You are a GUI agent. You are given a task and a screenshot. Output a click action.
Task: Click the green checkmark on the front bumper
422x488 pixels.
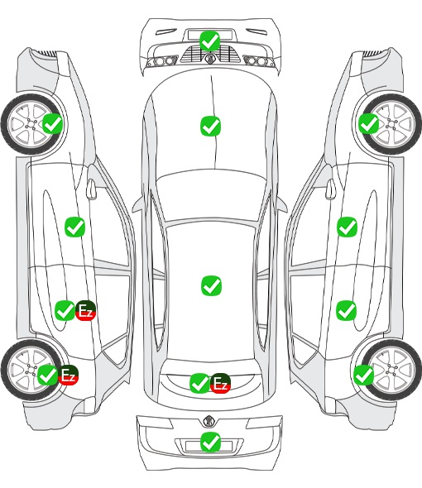click(x=210, y=41)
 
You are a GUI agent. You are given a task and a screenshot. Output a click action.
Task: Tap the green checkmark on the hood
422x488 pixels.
click(x=210, y=126)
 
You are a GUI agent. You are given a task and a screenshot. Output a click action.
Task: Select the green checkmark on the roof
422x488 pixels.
click(x=211, y=285)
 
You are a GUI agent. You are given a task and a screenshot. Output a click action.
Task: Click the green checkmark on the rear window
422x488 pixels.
click(x=199, y=383)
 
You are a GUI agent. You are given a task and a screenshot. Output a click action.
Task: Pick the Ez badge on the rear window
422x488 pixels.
click(x=220, y=383)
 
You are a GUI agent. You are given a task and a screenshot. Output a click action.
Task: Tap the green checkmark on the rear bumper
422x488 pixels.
click(x=210, y=442)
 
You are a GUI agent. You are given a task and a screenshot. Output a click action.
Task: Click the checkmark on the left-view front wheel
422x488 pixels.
click(x=52, y=123)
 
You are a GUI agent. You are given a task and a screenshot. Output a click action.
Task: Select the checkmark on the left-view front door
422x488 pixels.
click(x=74, y=227)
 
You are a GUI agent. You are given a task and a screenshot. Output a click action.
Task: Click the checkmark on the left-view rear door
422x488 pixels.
click(x=65, y=310)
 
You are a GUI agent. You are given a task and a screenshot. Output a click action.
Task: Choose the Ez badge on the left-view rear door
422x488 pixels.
click(x=85, y=310)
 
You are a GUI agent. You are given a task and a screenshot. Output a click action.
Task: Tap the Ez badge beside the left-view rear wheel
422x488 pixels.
click(x=68, y=375)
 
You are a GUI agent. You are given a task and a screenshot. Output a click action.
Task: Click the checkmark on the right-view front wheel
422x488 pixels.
click(x=369, y=123)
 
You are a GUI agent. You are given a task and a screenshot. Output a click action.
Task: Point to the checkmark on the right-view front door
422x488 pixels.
click(x=347, y=227)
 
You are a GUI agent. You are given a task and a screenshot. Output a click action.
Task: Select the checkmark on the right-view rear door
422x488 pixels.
click(x=346, y=310)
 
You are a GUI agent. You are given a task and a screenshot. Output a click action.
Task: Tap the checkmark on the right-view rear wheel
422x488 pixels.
click(x=363, y=375)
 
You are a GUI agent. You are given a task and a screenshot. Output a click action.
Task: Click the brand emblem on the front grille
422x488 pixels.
click(x=209, y=58)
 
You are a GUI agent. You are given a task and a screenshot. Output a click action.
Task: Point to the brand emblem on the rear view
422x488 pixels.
click(x=209, y=421)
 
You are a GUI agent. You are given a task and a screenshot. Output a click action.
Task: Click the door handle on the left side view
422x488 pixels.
click(x=91, y=189)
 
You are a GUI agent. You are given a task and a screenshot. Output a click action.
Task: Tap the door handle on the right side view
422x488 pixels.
click(x=330, y=189)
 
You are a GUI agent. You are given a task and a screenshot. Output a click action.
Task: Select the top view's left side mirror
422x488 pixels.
click(x=137, y=205)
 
